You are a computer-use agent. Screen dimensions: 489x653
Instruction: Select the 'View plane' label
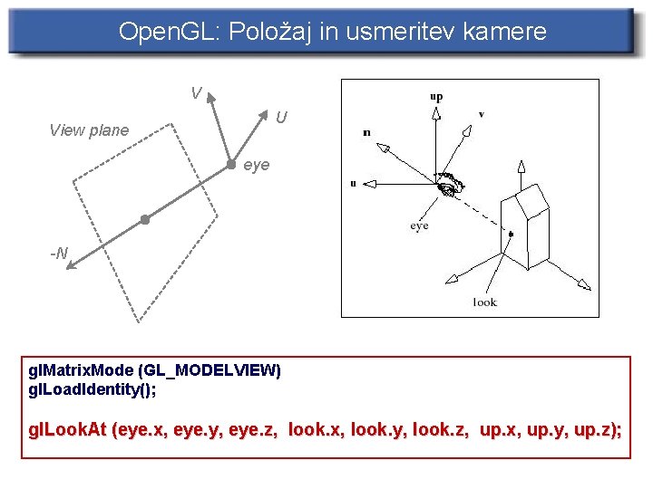pyautogui.click(x=89, y=130)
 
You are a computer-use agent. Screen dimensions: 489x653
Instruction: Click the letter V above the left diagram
pyautogui.click(x=196, y=93)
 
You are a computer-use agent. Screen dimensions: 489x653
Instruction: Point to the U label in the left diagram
pyautogui.click(x=281, y=118)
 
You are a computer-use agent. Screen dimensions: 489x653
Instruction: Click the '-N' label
pyautogui.click(x=59, y=254)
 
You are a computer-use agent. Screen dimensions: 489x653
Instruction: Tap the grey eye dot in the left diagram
pyautogui.click(x=230, y=164)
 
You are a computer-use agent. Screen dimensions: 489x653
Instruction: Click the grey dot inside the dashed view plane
pyautogui.click(x=144, y=219)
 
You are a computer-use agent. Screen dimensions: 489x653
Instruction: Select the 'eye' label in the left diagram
pyautogui.click(x=257, y=166)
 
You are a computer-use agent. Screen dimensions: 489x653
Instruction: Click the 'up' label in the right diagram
pyautogui.click(x=437, y=96)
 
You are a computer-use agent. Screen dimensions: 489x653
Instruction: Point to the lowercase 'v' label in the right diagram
pyautogui.click(x=481, y=114)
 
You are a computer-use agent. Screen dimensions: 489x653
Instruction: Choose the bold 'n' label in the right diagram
pyautogui.click(x=366, y=132)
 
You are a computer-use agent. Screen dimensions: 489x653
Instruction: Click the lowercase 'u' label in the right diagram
pyautogui.click(x=353, y=183)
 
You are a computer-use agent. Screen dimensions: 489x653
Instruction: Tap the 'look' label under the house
pyautogui.click(x=485, y=302)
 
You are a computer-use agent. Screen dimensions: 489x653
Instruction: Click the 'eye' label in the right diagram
pyautogui.click(x=419, y=225)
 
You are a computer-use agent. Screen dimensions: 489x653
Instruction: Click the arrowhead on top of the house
pyautogui.click(x=521, y=167)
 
